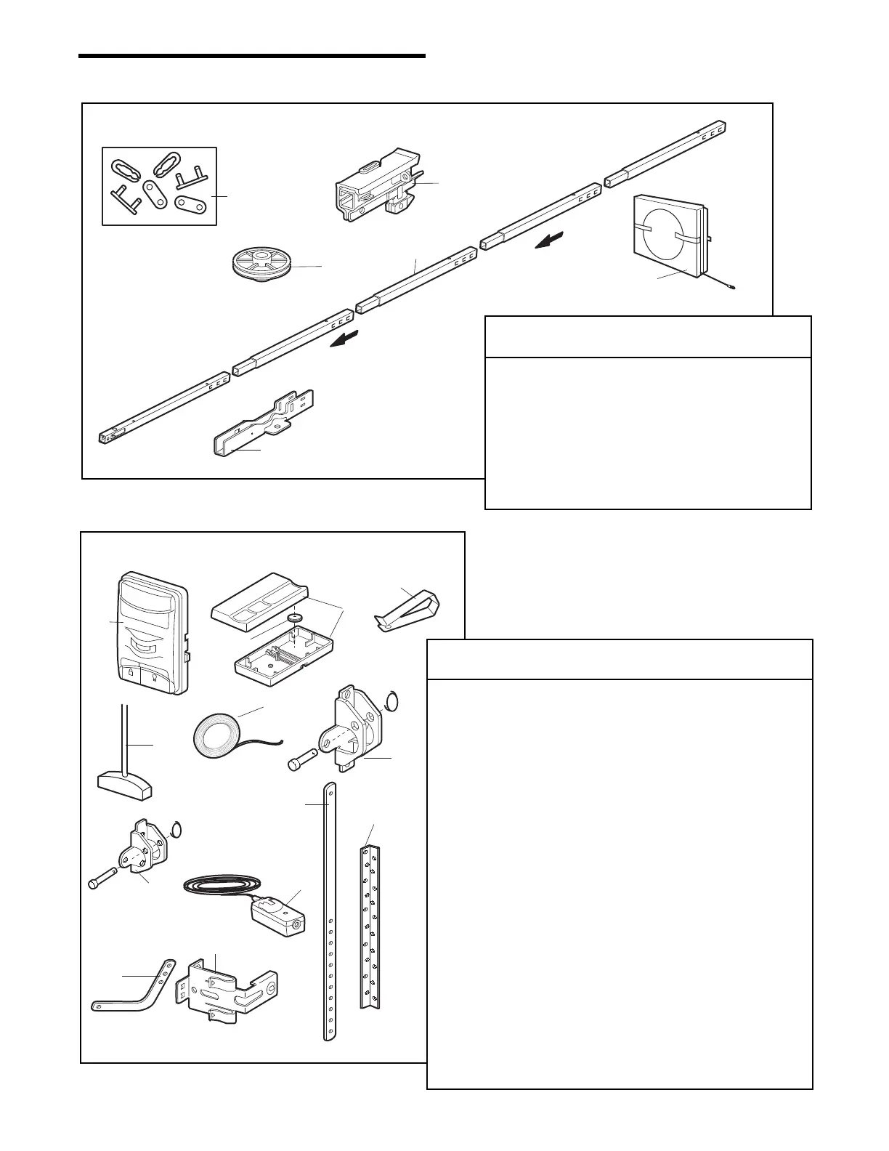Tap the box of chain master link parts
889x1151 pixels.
click(x=159, y=186)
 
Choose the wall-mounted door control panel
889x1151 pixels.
click(x=152, y=633)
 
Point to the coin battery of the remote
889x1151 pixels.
click(x=293, y=618)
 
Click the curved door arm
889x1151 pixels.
click(x=134, y=991)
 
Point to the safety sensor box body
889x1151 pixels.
click(x=280, y=918)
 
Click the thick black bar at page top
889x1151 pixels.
click(x=251, y=55)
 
